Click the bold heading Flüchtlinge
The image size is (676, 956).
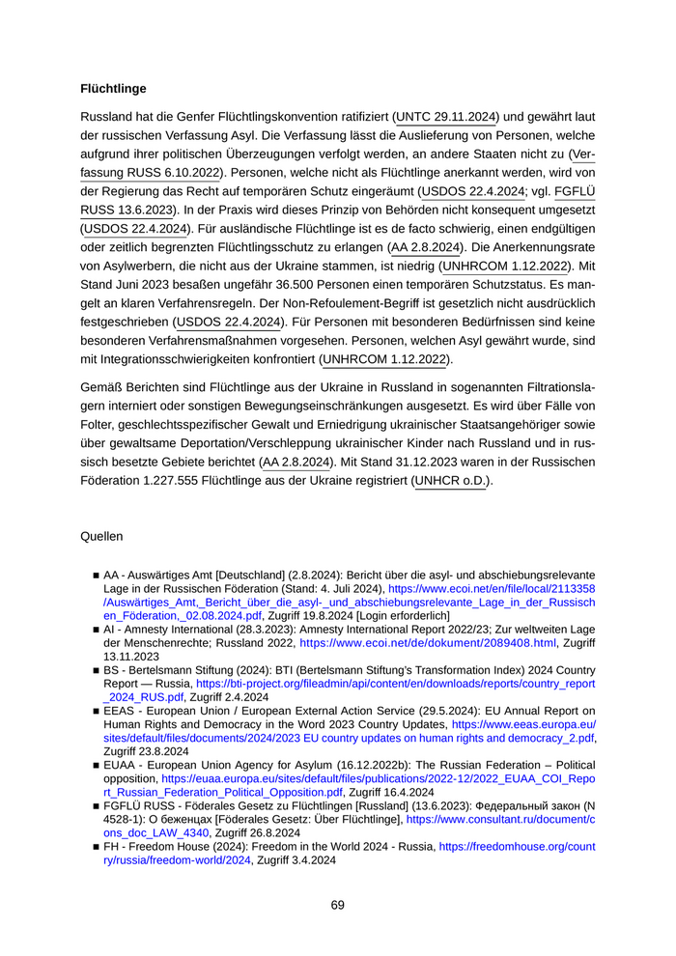113,89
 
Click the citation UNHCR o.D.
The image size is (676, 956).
451,480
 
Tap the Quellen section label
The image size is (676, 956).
101,535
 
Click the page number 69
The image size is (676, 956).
337,905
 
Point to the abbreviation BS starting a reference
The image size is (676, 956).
111,669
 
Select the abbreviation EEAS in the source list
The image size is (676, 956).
120,710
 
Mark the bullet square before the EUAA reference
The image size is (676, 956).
97,765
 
